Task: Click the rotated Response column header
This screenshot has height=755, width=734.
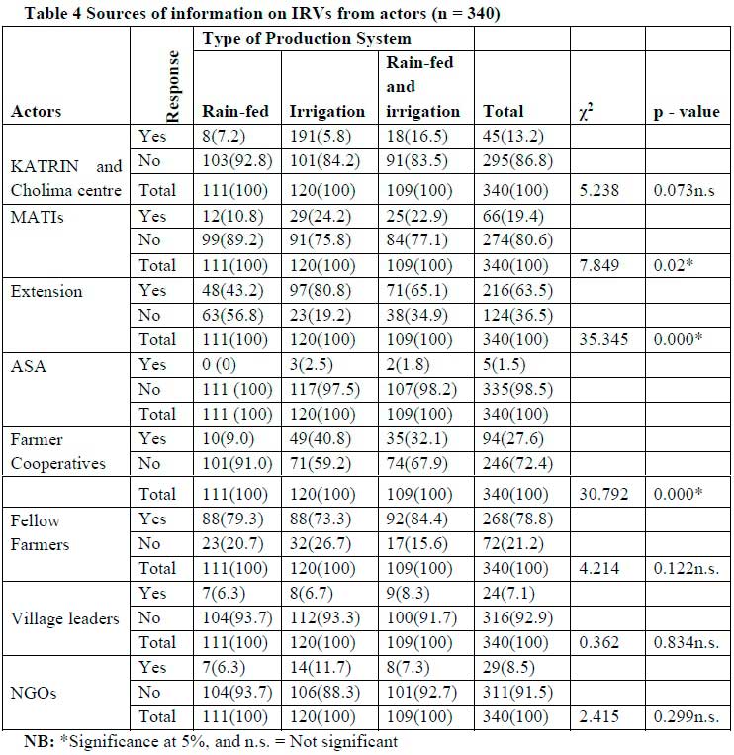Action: click(172, 86)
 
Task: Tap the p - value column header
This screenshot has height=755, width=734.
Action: click(684, 112)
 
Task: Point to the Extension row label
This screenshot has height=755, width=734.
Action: click(46, 292)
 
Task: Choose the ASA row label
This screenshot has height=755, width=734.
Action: click(28, 365)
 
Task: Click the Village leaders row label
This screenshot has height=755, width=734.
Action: click(65, 618)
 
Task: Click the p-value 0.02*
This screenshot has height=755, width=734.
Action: click(676, 265)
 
